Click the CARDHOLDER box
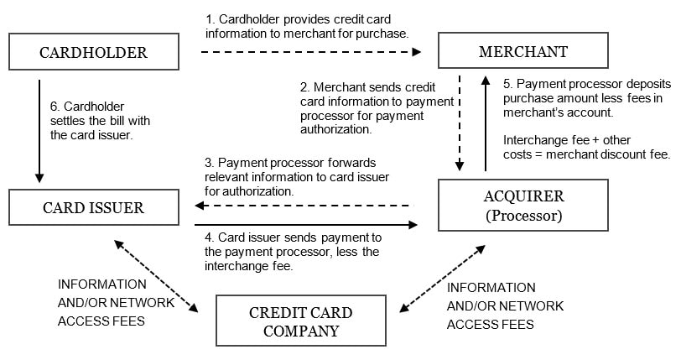(93, 52)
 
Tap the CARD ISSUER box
(93, 207)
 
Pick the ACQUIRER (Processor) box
(524, 206)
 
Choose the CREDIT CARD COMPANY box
(300, 321)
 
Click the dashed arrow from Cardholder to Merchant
(310, 52)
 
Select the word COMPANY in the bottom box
(300, 331)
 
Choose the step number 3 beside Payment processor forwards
(208, 162)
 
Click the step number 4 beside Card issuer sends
(208, 237)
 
